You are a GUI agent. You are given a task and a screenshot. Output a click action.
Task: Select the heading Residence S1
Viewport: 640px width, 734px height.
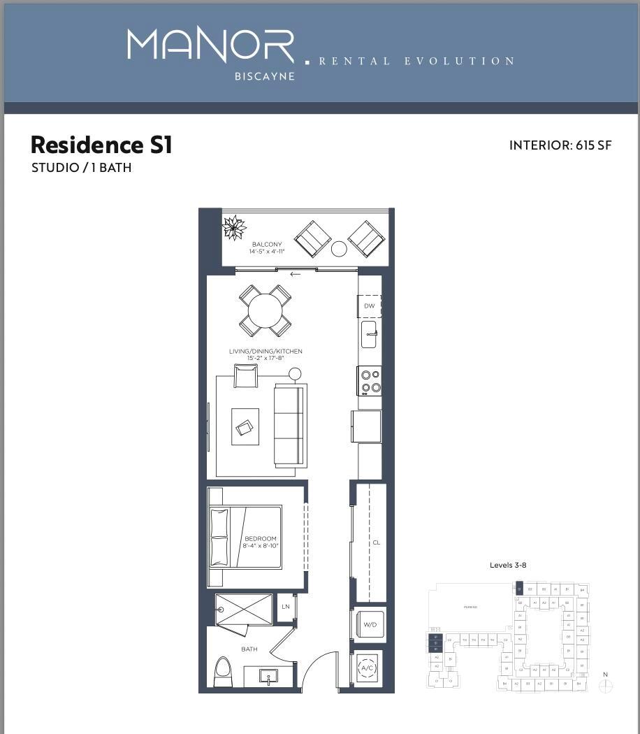101,145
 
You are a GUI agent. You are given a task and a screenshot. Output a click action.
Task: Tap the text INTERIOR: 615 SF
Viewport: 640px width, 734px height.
560,145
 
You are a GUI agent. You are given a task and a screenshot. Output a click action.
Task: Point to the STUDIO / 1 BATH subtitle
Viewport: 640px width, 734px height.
82,168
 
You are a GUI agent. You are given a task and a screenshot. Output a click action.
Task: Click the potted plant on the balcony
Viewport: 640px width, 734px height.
234,228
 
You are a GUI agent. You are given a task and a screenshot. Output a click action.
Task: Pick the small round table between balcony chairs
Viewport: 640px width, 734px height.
339,248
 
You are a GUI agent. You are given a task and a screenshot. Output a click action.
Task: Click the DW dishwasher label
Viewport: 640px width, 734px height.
370,306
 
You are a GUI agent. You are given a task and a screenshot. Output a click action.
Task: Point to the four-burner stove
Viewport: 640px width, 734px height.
370,381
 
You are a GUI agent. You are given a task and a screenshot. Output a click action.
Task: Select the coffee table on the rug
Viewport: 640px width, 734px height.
245,427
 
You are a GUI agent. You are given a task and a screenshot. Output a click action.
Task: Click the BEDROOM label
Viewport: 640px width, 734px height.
260,539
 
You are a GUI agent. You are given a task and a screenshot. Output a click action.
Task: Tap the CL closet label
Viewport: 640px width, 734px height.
376,542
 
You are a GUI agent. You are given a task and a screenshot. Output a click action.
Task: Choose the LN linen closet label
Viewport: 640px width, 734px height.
286,607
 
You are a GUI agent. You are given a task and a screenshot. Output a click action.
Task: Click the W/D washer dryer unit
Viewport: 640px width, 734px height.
370,625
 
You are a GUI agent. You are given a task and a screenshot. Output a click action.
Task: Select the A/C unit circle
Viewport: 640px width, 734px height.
368,668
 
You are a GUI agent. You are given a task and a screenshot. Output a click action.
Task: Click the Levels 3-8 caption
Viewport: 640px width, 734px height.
508,565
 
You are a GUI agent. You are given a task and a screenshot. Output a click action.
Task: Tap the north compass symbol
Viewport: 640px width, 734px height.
606,686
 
